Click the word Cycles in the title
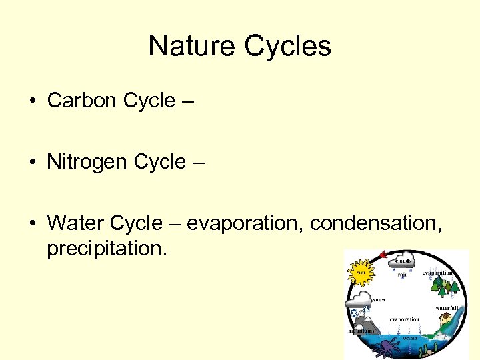tap(287, 46)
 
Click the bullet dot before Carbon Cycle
tap(33, 101)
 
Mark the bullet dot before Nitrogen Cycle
tap(33, 163)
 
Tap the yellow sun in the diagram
tap(361, 272)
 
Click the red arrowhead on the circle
tap(383, 255)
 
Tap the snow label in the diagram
tap(379, 300)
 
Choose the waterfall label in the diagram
tap(447, 308)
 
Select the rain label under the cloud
tap(403, 274)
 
